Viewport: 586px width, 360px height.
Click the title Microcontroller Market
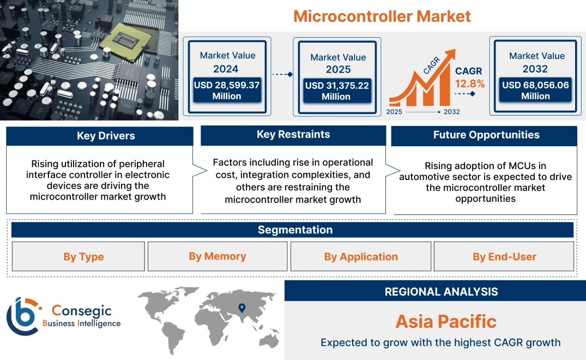[382, 16]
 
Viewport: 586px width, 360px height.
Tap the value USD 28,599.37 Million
[227, 91]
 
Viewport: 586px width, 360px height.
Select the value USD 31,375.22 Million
[336, 91]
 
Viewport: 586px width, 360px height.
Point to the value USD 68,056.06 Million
[535, 91]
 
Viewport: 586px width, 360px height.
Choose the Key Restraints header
[293, 135]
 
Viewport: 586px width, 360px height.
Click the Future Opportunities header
[486, 135]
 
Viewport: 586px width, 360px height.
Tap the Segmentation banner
[295, 230]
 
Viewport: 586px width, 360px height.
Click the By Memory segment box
[218, 256]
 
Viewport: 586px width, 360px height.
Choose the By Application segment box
[361, 256]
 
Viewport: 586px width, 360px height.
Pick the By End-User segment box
[504, 256]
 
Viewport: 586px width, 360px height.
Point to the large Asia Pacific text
[446, 321]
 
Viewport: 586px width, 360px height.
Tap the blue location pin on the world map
[242, 309]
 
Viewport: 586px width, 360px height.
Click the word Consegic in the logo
[82, 311]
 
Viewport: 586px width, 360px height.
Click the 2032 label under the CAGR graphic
[451, 112]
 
